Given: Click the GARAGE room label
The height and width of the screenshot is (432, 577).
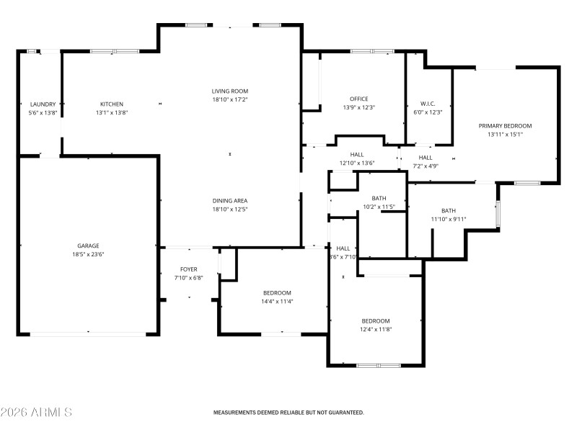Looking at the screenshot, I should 89,246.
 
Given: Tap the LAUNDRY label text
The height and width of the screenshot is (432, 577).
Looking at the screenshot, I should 43,104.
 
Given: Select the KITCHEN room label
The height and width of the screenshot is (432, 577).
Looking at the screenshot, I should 112,104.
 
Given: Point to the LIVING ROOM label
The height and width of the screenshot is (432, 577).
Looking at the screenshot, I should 230,91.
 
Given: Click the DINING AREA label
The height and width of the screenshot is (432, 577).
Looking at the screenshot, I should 230,201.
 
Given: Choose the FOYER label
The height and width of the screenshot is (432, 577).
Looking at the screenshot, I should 189,269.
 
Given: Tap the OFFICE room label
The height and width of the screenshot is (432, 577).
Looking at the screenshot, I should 359,99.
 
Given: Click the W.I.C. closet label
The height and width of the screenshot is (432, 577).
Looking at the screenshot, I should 428,104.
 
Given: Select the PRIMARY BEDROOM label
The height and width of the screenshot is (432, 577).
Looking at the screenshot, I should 505,125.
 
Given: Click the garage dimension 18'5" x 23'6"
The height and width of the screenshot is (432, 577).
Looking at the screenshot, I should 89,254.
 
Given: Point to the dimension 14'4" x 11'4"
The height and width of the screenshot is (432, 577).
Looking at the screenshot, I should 277,301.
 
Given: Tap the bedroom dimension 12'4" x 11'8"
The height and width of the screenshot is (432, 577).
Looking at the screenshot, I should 376,329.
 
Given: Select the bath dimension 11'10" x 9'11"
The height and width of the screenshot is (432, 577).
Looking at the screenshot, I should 449,219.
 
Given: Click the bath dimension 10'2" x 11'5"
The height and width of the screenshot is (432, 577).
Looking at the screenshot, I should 379,207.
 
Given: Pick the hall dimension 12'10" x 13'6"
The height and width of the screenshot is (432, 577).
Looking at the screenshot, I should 357,163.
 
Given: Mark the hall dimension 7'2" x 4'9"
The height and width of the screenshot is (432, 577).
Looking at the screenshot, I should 426,166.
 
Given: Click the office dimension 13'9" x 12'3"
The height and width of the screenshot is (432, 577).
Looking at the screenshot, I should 359,107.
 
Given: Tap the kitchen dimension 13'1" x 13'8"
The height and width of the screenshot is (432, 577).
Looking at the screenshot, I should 112,113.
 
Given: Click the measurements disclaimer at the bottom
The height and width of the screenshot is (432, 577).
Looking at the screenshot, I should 288,413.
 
